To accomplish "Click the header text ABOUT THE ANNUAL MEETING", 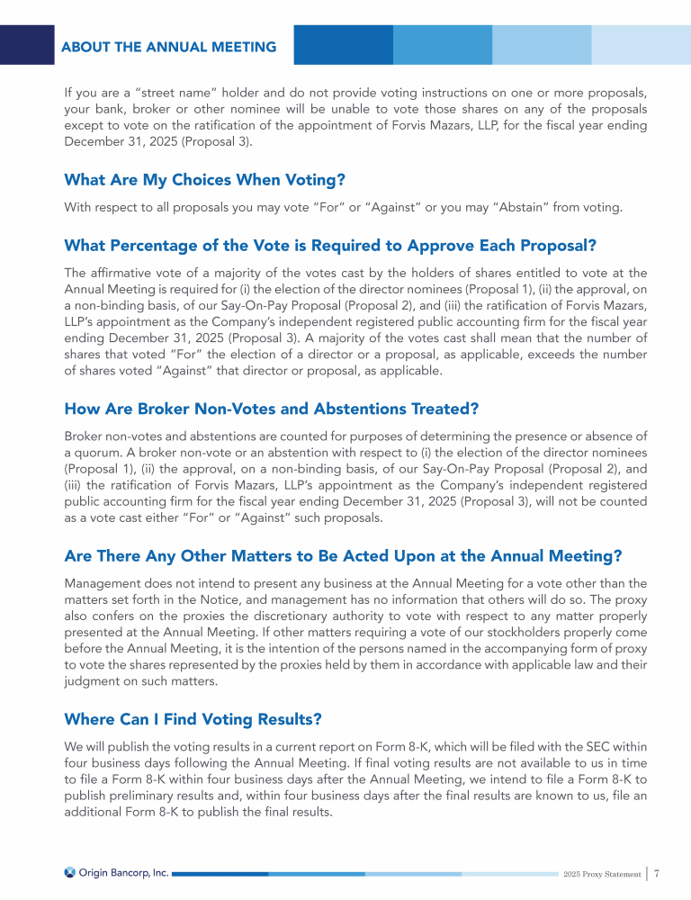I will (x=169, y=47).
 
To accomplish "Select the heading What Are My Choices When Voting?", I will (x=205, y=179).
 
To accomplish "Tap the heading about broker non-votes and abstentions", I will (x=271, y=409).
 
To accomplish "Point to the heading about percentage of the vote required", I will (x=330, y=246).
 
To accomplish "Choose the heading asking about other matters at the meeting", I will (x=343, y=555).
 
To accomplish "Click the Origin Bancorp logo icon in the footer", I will (x=70, y=872).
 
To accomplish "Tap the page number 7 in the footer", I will (x=658, y=872).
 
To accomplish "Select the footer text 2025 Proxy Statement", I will (x=603, y=874).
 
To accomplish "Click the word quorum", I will (x=100, y=453).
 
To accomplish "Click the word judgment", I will (x=94, y=681).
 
